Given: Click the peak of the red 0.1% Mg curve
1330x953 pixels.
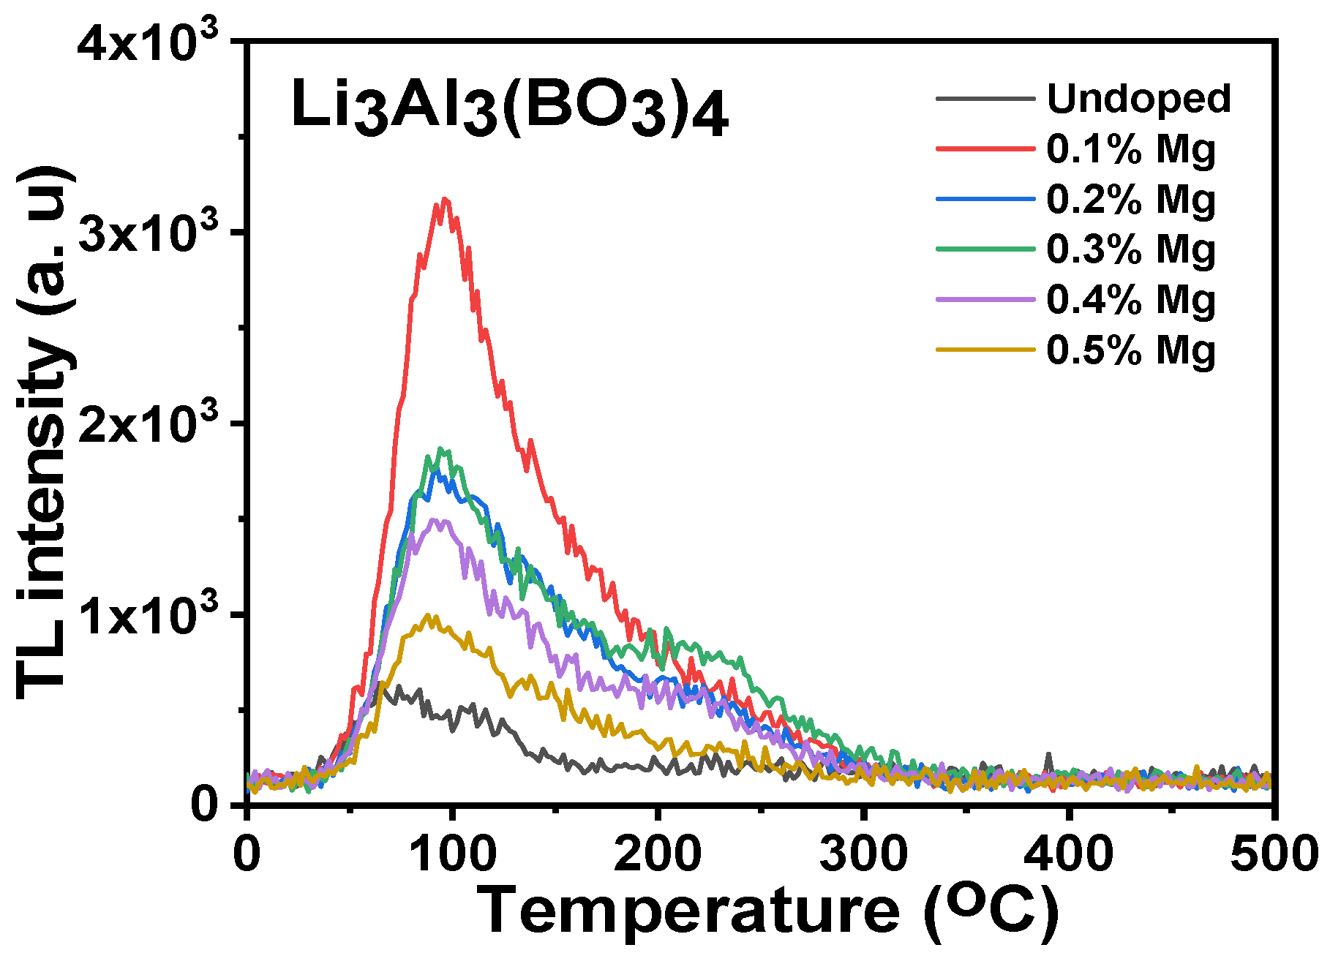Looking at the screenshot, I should [x=443, y=199].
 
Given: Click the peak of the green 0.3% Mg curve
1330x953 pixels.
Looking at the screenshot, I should [x=440, y=449].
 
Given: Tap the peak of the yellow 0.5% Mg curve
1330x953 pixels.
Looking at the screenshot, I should [x=430, y=616].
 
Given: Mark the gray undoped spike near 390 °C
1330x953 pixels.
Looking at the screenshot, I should [x=1048, y=754].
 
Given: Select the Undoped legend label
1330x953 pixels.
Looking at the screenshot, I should [x=1139, y=99].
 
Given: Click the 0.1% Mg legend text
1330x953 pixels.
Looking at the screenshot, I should [x=1130, y=149].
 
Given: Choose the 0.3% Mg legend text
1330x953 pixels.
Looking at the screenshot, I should [x=1130, y=249].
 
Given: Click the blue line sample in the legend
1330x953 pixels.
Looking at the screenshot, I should [x=985, y=199].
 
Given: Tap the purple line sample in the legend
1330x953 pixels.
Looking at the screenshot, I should [x=985, y=299].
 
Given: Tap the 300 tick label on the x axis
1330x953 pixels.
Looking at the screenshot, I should [x=864, y=854].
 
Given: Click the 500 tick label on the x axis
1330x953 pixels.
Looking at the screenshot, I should [x=1273, y=854].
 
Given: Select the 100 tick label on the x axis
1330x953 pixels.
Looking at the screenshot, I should [x=453, y=854].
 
